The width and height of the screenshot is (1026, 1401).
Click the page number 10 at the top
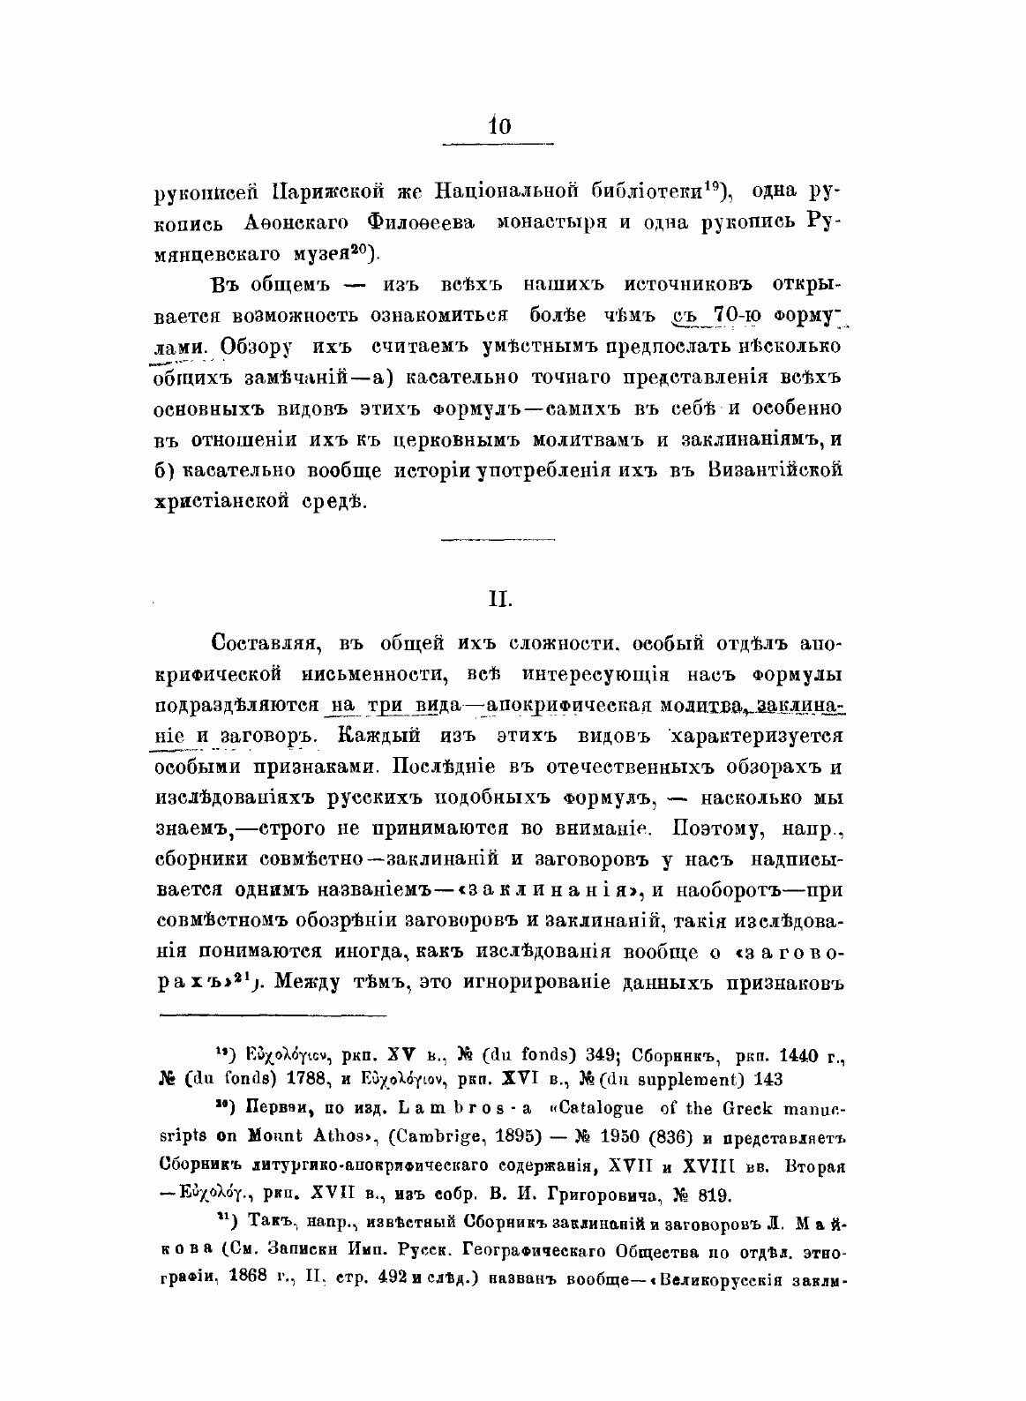point(498,126)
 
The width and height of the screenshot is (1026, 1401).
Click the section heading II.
point(497,600)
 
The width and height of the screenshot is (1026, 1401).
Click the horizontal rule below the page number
point(497,144)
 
